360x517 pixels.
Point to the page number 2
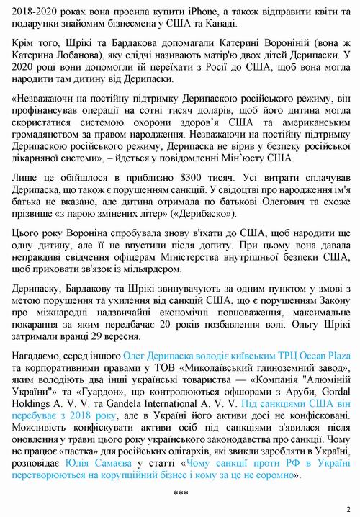point(348,507)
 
